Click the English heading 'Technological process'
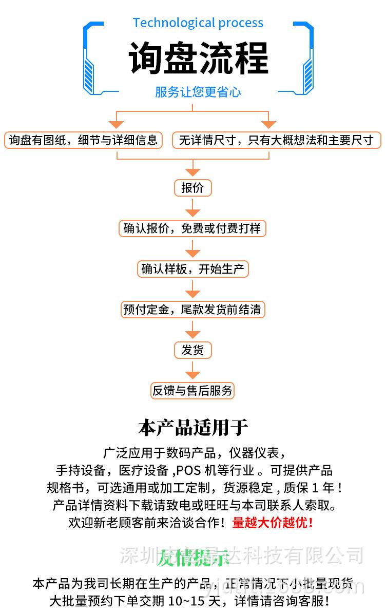pos(198,23)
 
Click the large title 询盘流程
pos(198,58)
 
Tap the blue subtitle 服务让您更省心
pos(198,92)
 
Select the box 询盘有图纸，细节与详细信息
pos(84,140)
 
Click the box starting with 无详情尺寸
pos(276,140)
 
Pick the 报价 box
pos(192,188)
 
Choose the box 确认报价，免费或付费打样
pos(192,228)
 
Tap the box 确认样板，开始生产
pos(192,269)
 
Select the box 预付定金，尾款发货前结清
pos(192,310)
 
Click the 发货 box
pos(192,350)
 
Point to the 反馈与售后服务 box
pos(192,391)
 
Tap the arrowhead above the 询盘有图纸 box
pos(117,124)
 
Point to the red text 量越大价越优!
pos(273,523)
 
